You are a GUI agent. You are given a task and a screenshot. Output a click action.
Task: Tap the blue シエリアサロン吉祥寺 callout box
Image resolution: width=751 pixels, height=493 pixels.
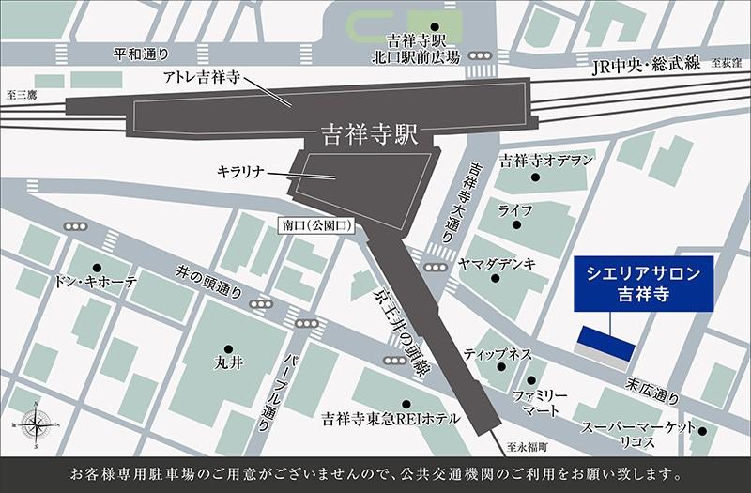click(x=640, y=283)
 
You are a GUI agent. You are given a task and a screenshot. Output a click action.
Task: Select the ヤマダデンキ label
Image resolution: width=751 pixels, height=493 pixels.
click(x=498, y=265)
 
